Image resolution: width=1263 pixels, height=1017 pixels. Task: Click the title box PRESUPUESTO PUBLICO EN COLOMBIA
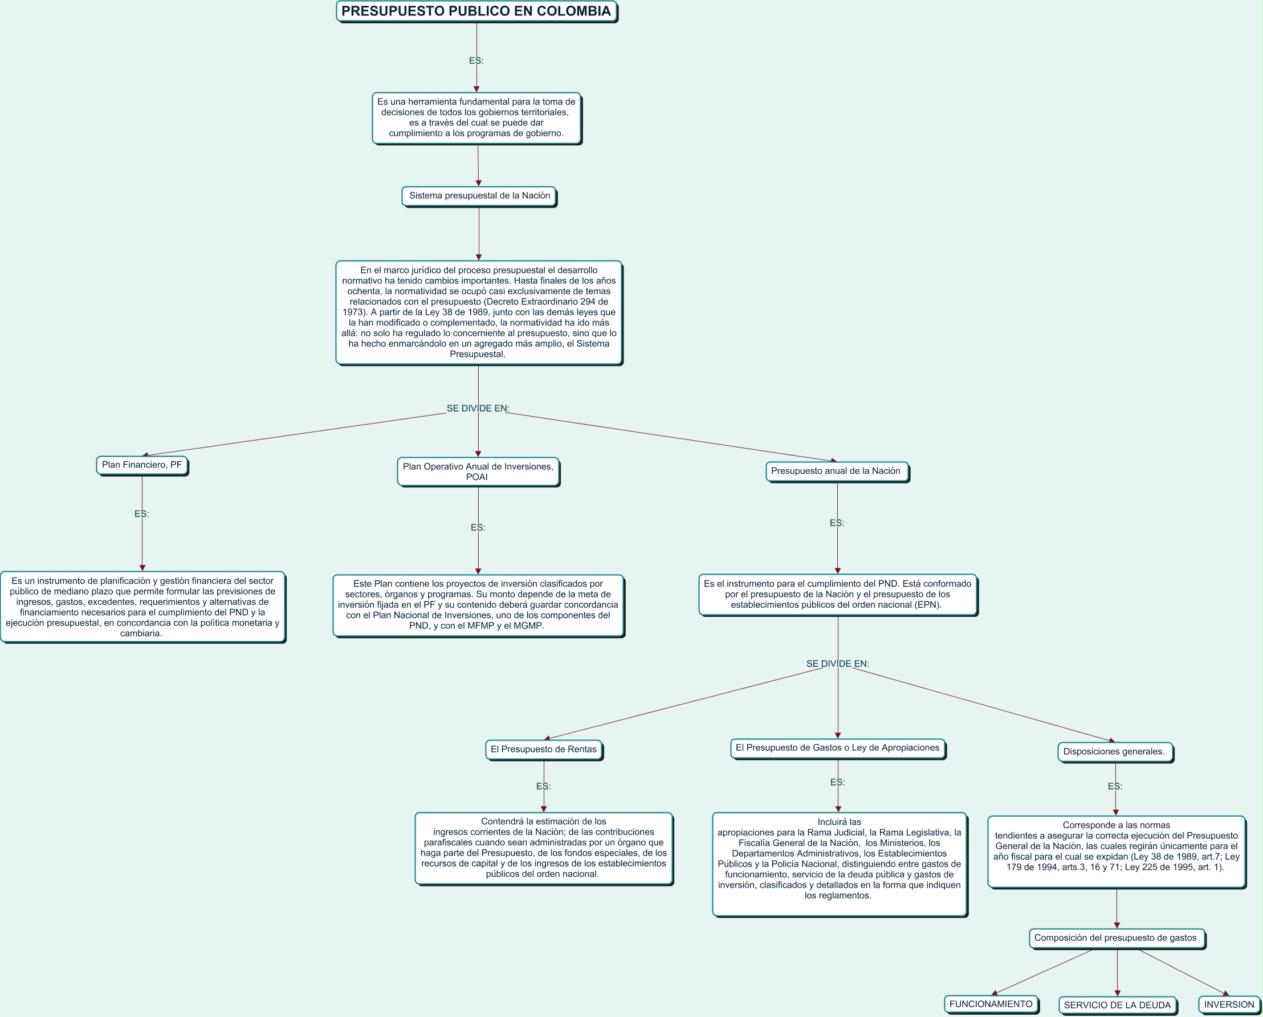pos(476,12)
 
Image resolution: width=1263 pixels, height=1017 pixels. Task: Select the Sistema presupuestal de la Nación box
pos(479,196)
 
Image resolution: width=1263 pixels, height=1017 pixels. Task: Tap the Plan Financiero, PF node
pos(142,465)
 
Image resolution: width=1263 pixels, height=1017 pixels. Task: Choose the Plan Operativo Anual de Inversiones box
pos(478,471)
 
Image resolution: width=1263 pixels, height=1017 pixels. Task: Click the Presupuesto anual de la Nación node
pos(837,471)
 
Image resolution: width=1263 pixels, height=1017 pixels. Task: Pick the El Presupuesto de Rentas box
pos(544,749)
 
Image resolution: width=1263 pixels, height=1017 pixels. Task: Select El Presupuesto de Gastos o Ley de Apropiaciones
pos(837,748)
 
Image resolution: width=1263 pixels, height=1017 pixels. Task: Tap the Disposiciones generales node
pos(1114,751)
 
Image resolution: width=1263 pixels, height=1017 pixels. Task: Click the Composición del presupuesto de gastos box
pos(1116,938)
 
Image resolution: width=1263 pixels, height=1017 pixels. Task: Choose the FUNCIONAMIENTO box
pos(991,1004)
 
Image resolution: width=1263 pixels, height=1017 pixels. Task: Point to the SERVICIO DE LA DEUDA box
pos(1117,1005)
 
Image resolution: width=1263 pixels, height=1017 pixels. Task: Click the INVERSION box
pos(1229,1004)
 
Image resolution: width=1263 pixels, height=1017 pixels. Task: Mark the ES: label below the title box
pos(476,61)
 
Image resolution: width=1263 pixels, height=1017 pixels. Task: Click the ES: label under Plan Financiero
pos(142,514)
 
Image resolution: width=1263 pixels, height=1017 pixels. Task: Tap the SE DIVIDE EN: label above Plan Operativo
pos(478,408)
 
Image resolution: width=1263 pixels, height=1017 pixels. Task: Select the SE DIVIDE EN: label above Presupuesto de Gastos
pos(838,664)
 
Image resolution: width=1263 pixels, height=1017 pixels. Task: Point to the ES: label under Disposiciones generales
pos(1115,786)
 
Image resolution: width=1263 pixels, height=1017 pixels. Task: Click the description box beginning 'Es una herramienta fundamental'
pos(476,118)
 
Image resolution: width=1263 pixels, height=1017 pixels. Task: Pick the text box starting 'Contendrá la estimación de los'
pos(544,848)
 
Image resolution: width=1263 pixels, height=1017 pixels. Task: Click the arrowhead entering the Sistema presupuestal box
pos(479,184)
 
